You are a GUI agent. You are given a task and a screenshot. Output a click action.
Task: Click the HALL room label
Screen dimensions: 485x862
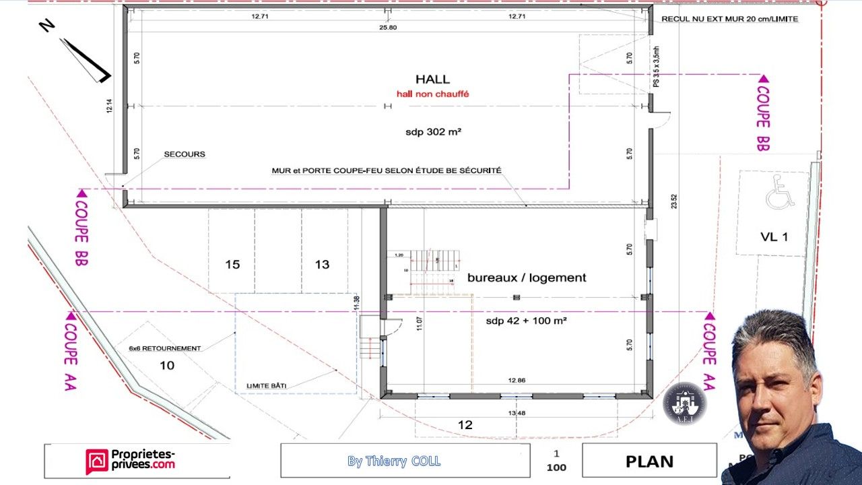[433, 79]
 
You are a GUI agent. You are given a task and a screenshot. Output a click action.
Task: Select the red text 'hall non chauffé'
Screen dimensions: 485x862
[433, 94]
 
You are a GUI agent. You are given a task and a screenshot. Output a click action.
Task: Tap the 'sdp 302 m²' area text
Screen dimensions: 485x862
[433, 132]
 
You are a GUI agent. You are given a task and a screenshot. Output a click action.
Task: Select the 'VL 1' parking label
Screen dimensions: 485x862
[773, 236]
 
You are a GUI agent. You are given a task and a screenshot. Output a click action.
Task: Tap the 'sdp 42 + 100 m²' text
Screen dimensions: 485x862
[526, 321]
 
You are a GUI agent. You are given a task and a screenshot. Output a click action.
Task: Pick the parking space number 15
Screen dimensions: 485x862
[232, 265]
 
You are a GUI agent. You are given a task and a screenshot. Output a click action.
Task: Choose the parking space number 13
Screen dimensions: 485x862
[323, 265]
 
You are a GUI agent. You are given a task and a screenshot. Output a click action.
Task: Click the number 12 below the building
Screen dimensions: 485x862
[465, 425]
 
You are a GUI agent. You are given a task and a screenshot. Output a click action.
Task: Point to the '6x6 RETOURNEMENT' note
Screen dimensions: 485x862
[165, 348]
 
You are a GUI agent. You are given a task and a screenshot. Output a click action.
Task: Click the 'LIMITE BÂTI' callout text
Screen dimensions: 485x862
[267, 385]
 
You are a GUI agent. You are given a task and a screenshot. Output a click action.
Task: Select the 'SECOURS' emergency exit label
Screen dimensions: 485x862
[185, 154]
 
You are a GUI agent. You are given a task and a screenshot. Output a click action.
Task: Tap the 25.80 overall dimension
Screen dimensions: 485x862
[388, 28]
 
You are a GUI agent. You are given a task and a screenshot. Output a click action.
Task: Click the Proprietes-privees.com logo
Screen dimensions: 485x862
[131, 461]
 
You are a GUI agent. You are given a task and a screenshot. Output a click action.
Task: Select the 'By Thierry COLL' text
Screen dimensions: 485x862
[394, 461]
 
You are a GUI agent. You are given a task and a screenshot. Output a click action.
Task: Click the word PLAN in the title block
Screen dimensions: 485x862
[649, 461]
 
